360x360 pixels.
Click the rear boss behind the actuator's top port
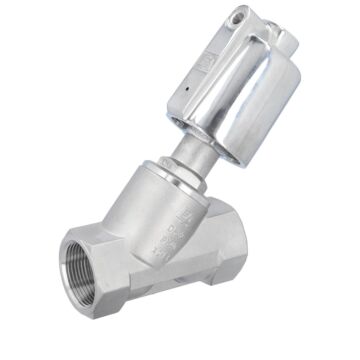click(x=284, y=40)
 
